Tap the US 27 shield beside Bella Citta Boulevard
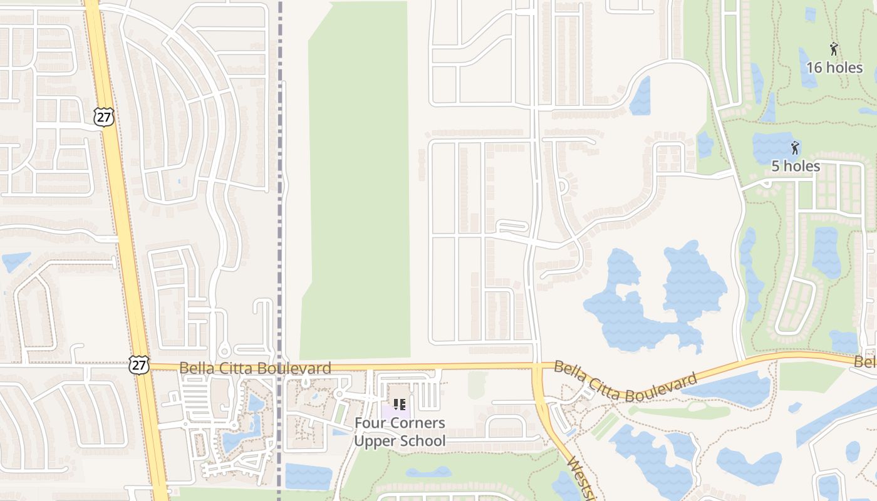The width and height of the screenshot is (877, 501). pyautogui.click(x=139, y=364)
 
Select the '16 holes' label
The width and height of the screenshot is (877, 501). pyautogui.click(x=834, y=67)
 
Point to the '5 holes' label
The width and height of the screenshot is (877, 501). pyautogui.click(x=795, y=166)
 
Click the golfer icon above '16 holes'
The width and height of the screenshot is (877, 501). pyautogui.click(x=834, y=49)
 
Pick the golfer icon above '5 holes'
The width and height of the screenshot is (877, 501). pyautogui.click(x=795, y=148)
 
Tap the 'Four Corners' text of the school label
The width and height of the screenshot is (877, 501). pyautogui.click(x=400, y=423)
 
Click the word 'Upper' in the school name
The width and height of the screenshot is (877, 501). pyautogui.click(x=375, y=441)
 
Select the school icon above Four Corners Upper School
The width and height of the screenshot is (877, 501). pyautogui.click(x=400, y=404)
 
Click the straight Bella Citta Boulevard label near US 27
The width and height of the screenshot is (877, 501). pyautogui.click(x=255, y=368)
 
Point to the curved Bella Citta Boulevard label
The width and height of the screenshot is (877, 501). pyautogui.click(x=625, y=381)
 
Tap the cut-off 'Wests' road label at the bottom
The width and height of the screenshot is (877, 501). pyautogui.click(x=581, y=480)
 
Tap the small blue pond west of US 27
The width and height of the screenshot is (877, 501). pyautogui.click(x=16, y=261)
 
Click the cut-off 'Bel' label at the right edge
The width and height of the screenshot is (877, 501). pyautogui.click(x=866, y=362)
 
